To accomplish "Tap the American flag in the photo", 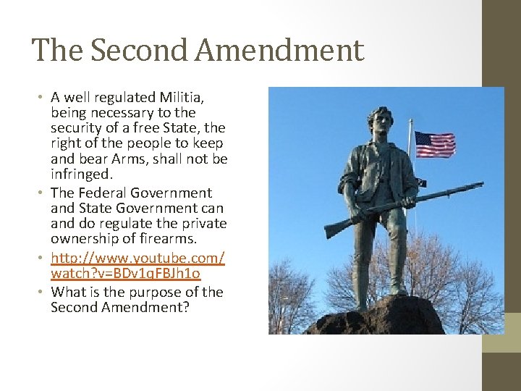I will pos(434,144).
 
